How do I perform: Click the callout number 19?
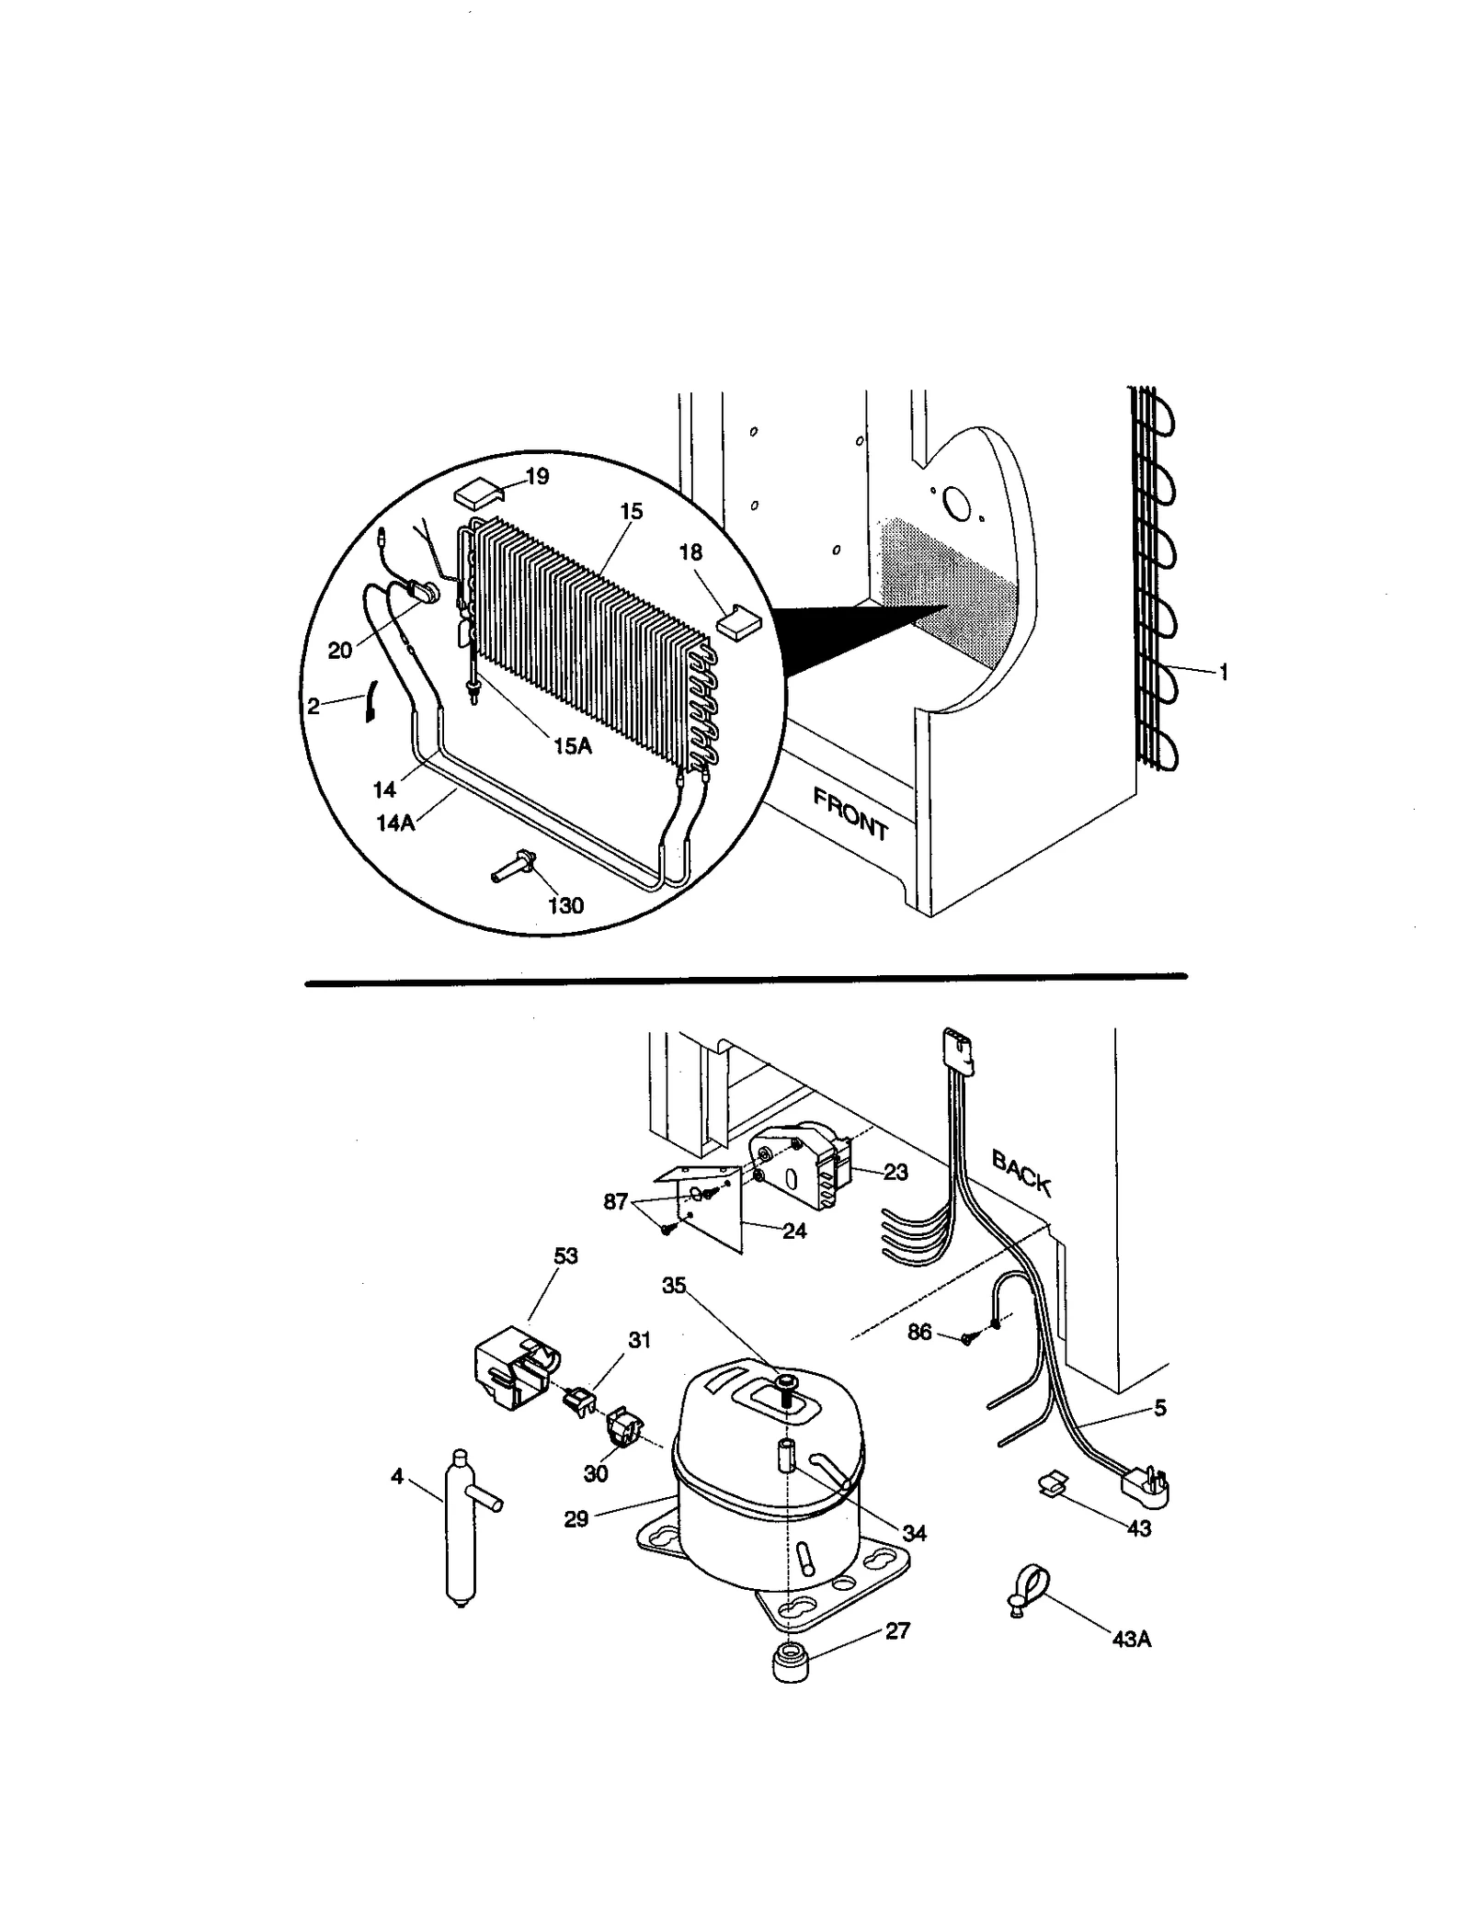tap(536, 476)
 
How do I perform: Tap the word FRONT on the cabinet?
tap(850, 814)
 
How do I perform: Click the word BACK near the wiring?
tap(1021, 1172)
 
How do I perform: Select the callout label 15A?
tap(572, 746)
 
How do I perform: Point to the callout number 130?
tap(565, 905)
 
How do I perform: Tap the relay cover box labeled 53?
tap(508, 1372)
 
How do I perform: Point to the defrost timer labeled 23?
tap(798, 1167)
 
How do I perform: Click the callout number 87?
tap(615, 1201)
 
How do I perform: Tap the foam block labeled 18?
tap(738, 623)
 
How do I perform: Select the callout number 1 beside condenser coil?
tap(1223, 673)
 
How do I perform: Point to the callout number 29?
tap(576, 1519)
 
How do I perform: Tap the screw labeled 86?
tap(966, 1339)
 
